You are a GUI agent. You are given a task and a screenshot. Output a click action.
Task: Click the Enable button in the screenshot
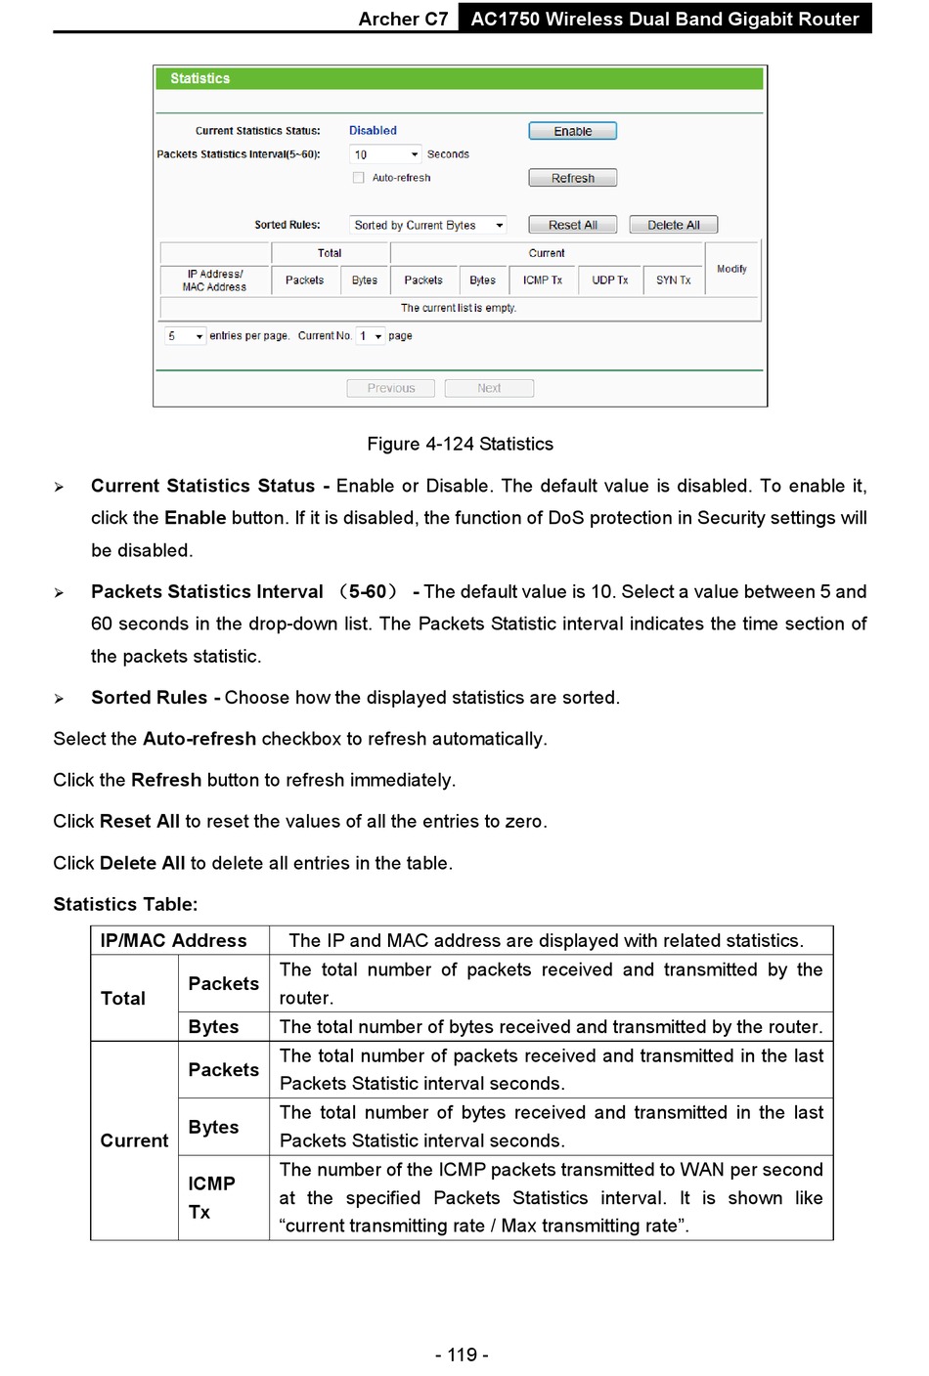click(x=572, y=131)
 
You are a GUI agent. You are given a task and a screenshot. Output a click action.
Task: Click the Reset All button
click(x=572, y=225)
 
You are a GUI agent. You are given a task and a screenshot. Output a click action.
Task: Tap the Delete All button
click(x=673, y=225)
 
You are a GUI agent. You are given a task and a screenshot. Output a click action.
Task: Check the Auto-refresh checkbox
click(x=359, y=178)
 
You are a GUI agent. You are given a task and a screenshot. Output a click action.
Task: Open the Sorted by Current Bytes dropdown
click(x=428, y=225)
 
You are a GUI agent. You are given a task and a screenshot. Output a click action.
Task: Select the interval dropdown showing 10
click(x=385, y=154)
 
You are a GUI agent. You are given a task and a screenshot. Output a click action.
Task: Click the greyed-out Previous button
click(x=391, y=388)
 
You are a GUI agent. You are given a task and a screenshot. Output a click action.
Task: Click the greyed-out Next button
click(x=489, y=388)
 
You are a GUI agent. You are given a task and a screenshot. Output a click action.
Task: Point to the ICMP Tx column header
click(x=542, y=280)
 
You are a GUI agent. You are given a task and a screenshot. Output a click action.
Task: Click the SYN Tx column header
click(x=673, y=280)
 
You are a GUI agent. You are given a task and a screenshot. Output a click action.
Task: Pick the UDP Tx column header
click(x=609, y=280)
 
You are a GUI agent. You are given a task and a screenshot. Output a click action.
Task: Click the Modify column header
click(x=731, y=269)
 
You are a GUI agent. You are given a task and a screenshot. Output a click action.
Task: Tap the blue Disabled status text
click(x=373, y=131)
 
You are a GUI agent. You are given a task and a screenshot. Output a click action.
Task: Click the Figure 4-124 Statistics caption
click(x=460, y=445)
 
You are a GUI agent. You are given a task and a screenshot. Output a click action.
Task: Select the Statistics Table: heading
click(x=125, y=905)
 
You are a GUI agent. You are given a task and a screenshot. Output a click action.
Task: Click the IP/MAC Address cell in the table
click(x=174, y=941)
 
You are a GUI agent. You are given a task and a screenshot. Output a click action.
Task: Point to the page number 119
click(x=462, y=1354)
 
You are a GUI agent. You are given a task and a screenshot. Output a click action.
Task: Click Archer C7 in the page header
click(x=403, y=19)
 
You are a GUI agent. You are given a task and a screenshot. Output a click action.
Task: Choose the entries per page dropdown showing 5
click(x=185, y=336)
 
